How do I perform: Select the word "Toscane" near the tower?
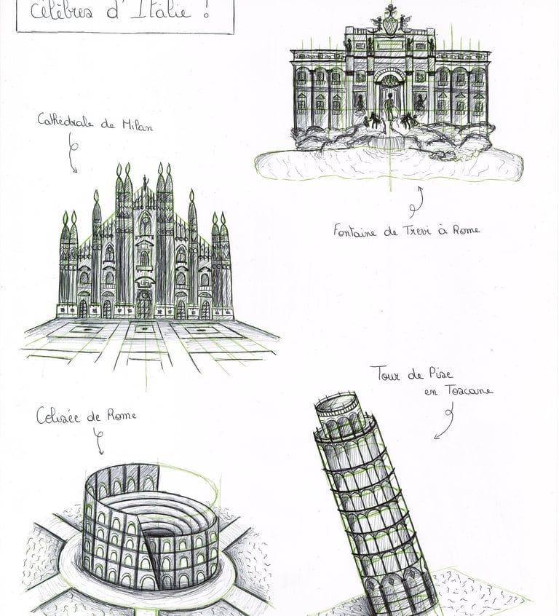(x=469, y=391)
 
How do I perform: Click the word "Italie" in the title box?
(x=171, y=11)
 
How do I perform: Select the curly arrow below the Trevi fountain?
(x=416, y=202)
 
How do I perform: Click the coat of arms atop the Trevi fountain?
(x=391, y=23)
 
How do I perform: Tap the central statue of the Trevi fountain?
(x=389, y=109)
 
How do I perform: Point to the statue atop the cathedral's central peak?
(x=144, y=181)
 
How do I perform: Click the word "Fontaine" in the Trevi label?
(x=356, y=231)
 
